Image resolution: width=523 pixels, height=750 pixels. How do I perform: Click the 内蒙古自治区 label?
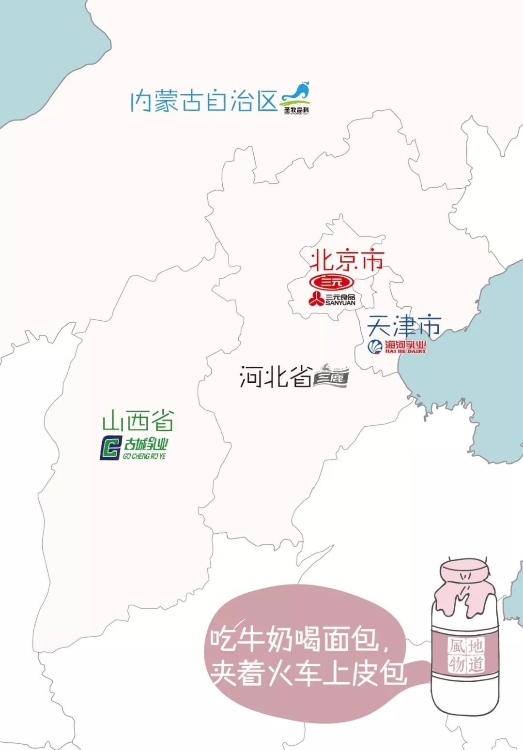pos(204,101)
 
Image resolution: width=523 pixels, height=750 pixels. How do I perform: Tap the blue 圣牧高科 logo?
pos(297,99)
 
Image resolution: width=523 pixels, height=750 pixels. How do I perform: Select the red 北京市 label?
pos(347,261)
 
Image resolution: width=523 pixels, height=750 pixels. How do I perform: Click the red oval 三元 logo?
pos(332,282)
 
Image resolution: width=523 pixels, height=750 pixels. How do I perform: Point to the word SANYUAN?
pos(340,303)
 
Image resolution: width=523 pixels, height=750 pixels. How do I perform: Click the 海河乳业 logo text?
pos(405,345)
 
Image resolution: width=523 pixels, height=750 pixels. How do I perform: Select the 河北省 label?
pos(276,376)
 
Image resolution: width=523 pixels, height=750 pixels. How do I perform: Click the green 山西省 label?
pos(138,421)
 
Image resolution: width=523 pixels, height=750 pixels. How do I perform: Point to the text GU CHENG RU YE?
pos(144,456)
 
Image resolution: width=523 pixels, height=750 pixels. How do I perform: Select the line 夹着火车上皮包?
pos(308,673)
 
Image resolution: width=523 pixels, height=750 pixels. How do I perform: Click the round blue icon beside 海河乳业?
pos(375,346)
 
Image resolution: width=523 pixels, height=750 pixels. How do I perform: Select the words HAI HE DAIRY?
pos(406,351)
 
